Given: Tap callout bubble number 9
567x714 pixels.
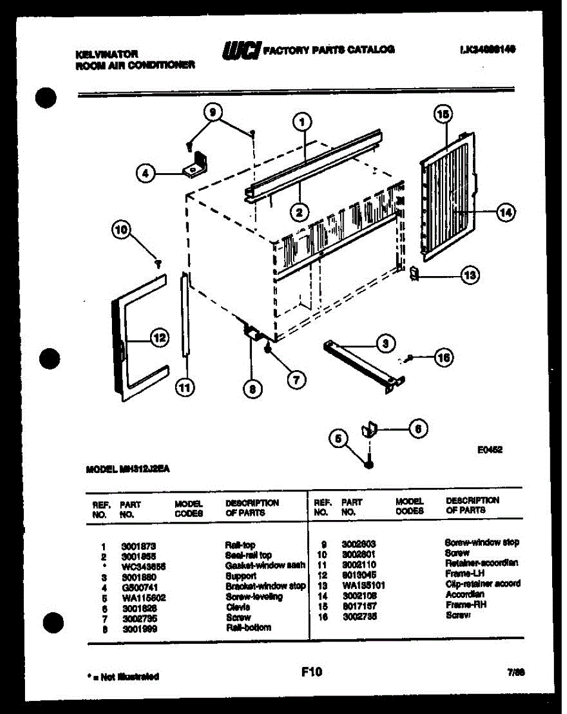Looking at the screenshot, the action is (212, 112).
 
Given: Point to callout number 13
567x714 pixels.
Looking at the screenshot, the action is (471, 275).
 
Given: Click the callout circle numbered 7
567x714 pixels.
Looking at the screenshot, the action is (295, 379).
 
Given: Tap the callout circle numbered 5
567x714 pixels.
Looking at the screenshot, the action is (339, 439).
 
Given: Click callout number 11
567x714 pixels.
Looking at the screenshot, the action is (185, 388).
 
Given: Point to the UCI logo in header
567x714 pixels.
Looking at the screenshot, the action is (241, 50).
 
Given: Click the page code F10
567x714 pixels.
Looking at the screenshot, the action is (311, 672).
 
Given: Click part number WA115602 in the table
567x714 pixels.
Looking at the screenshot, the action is (143, 597).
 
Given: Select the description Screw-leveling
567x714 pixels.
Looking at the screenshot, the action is (254, 597).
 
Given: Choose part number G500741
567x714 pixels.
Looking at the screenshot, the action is (139, 587).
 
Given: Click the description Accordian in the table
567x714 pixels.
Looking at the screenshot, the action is (465, 594).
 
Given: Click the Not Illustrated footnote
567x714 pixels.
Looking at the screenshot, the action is (123, 677).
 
